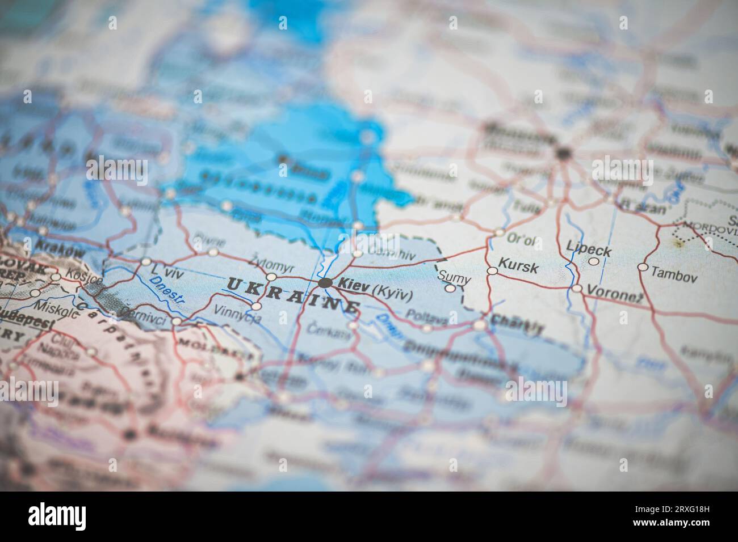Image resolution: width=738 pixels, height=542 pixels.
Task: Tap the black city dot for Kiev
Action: (325, 283)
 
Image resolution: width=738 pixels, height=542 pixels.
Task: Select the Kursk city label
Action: (518, 266)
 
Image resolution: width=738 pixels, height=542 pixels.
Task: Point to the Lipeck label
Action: (589, 250)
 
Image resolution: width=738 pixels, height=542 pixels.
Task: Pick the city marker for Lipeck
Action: (593, 261)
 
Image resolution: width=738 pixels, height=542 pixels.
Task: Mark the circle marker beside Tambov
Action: (643, 266)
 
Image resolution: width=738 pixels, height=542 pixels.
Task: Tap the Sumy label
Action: (455, 277)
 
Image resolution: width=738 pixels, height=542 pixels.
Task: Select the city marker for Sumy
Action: (450, 288)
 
